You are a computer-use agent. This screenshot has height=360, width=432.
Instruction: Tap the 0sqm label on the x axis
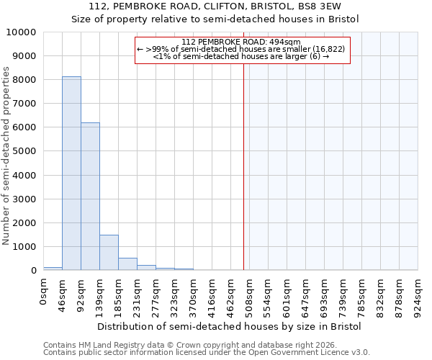click(44, 289)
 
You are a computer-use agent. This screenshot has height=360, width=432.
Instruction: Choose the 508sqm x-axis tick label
click(250, 294)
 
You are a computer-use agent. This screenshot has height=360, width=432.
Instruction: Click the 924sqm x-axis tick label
click(418, 294)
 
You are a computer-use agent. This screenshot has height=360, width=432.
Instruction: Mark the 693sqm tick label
click(325, 294)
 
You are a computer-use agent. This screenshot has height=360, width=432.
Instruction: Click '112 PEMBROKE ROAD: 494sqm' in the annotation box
click(241, 42)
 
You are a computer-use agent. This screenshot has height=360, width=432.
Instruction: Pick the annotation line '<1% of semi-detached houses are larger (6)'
click(241, 56)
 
